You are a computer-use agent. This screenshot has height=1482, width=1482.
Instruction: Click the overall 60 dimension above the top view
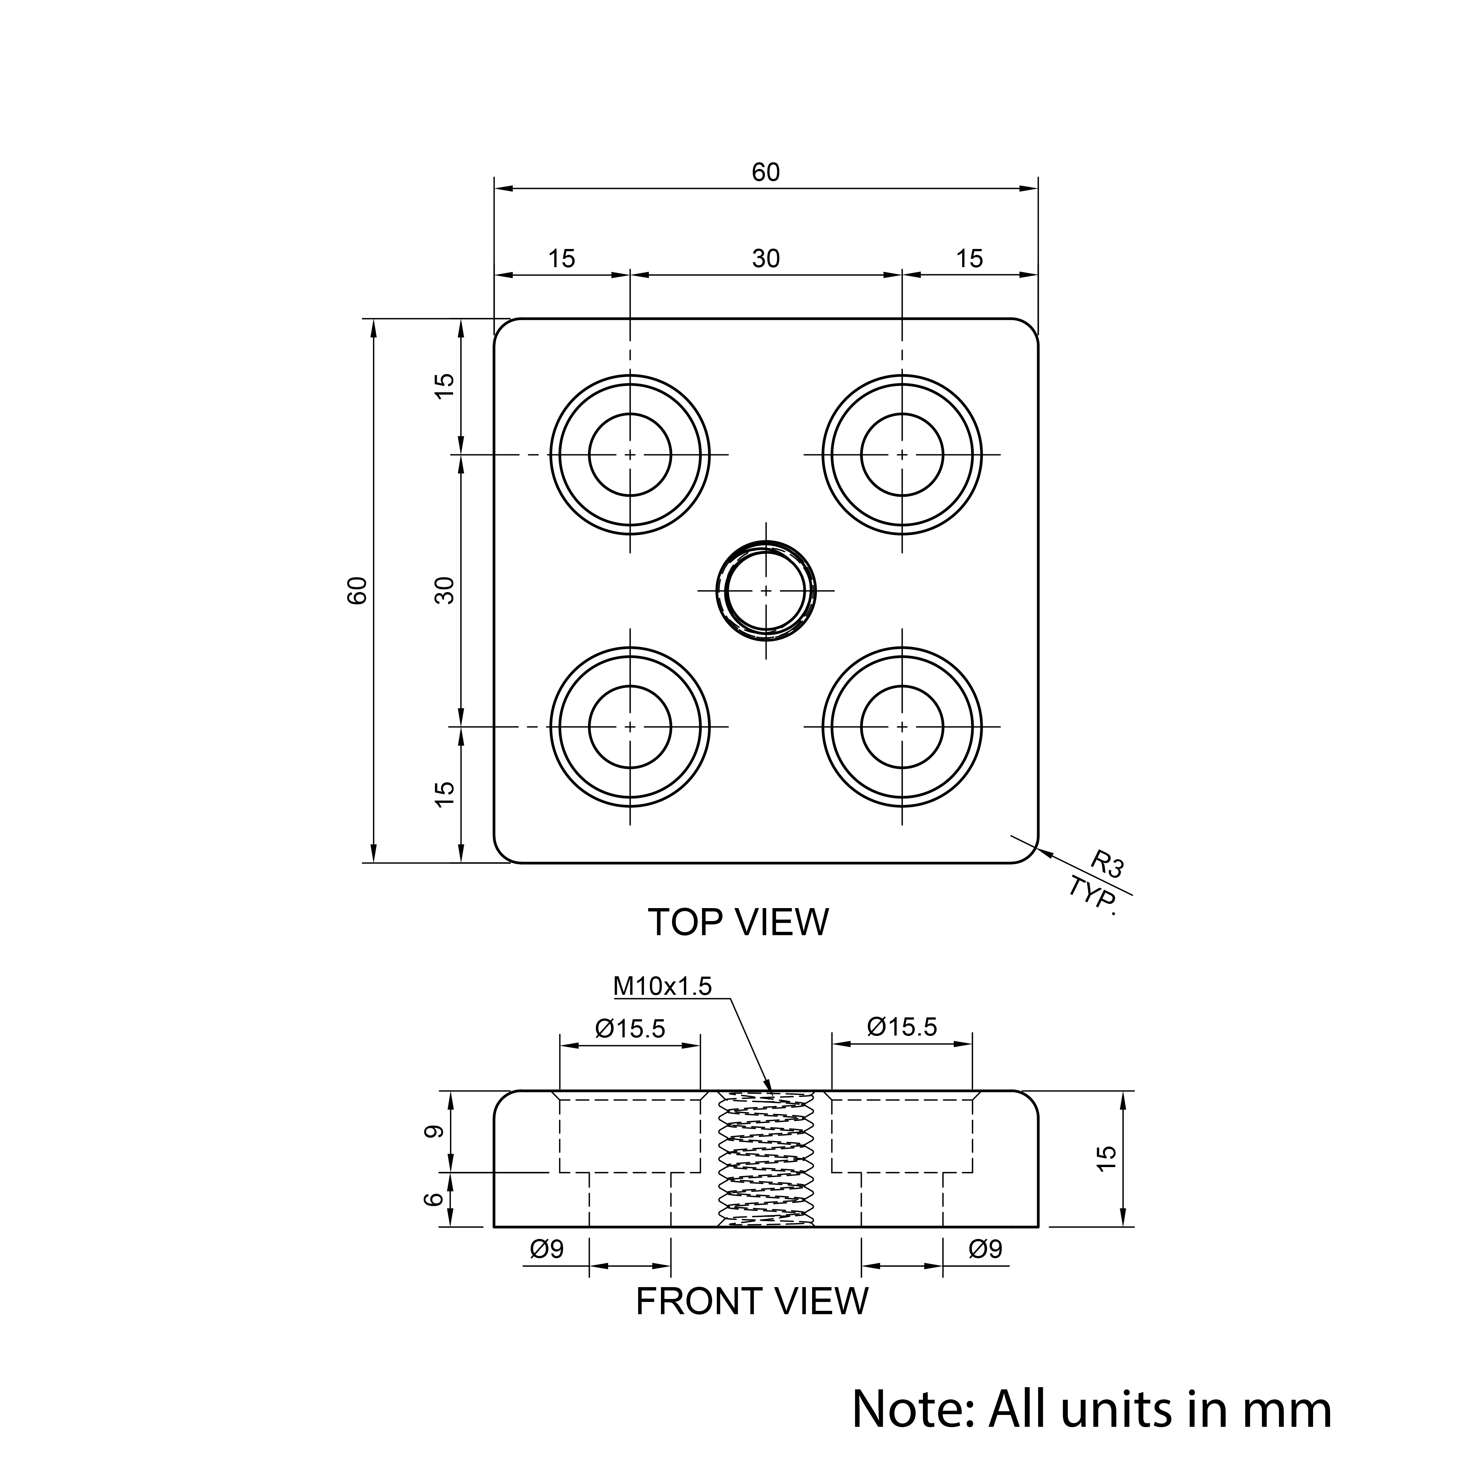point(765,173)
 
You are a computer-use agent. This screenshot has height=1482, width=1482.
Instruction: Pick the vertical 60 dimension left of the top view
point(358,591)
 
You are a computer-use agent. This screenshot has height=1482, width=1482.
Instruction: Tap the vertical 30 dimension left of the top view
point(445,591)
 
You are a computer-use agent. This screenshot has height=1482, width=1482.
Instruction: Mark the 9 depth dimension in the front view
point(434,1132)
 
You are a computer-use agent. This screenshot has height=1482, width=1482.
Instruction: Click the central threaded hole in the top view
point(765,591)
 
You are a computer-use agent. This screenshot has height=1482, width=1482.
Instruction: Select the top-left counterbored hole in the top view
point(630,454)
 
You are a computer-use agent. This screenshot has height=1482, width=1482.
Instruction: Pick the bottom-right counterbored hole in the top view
point(902,727)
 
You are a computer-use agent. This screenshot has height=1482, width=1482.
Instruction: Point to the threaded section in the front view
point(765,1158)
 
